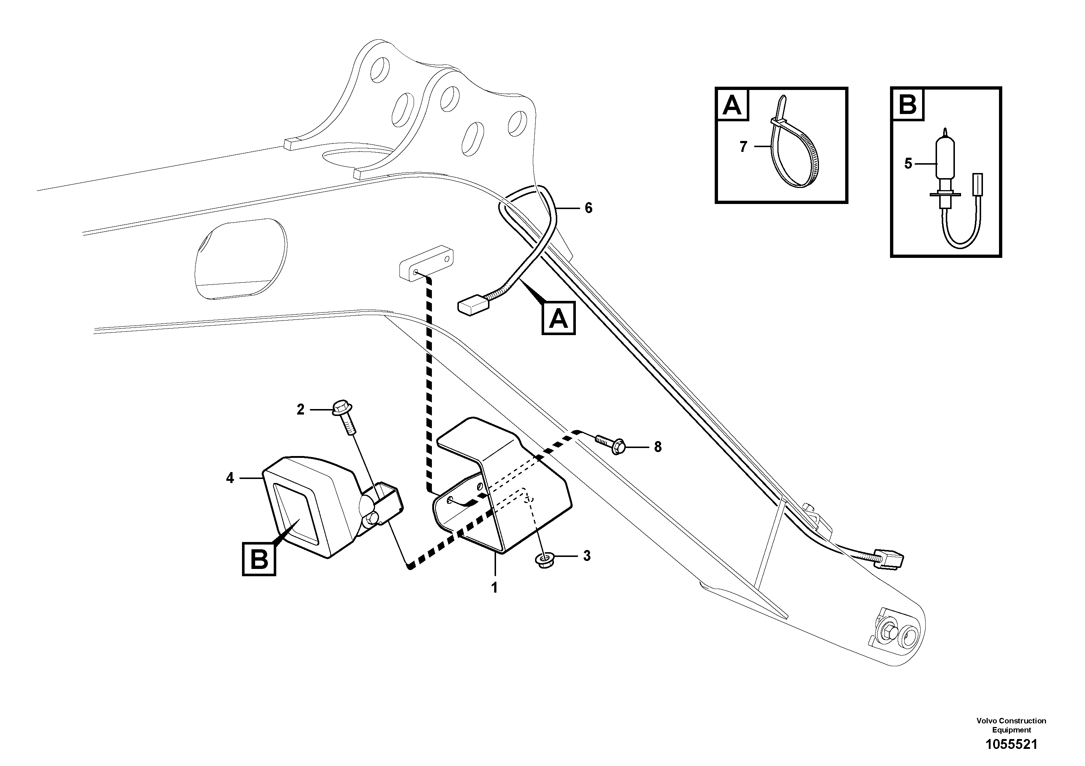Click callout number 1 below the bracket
pyautogui.click(x=494, y=588)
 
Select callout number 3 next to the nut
pyautogui.click(x=586, y=556)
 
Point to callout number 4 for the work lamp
pyautogui.click(x=230, y=478)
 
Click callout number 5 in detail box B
pyautogui.click(x=908, y=164)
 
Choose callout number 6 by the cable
pyautogui.click(x=588, y=208)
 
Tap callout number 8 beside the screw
pyautogui.click(x=658, y=447)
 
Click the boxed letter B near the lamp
pyautogui.click(x=259, y=559)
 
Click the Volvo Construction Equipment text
pyautogui.click(x=1011, y=725)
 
